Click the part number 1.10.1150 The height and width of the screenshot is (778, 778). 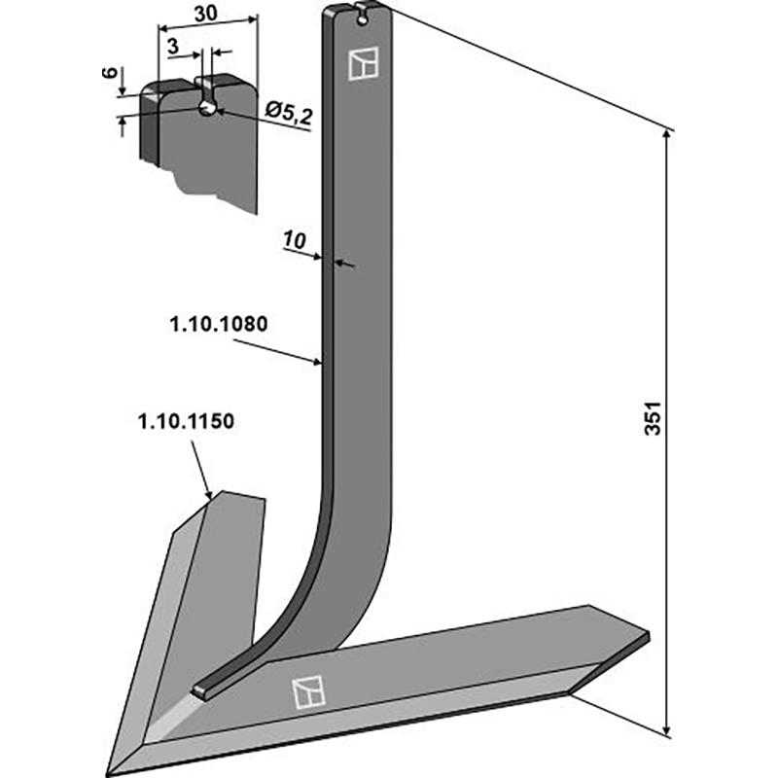pyautogui.click(x=185, y=423)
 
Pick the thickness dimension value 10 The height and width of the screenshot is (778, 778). pyautogui.click(x=295, y=239)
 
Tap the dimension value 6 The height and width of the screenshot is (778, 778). pyautogui.click(x=109, y=75)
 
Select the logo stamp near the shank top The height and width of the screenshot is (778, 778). pyautogui.click(x=362, y=64)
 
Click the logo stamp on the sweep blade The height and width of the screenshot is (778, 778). pyautogui.click(x=306, y=691)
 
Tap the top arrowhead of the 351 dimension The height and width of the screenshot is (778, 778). pyautogui.click(x=667, y=133)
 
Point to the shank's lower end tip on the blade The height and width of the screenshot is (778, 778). pyautogui.click(x=201, y=690)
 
